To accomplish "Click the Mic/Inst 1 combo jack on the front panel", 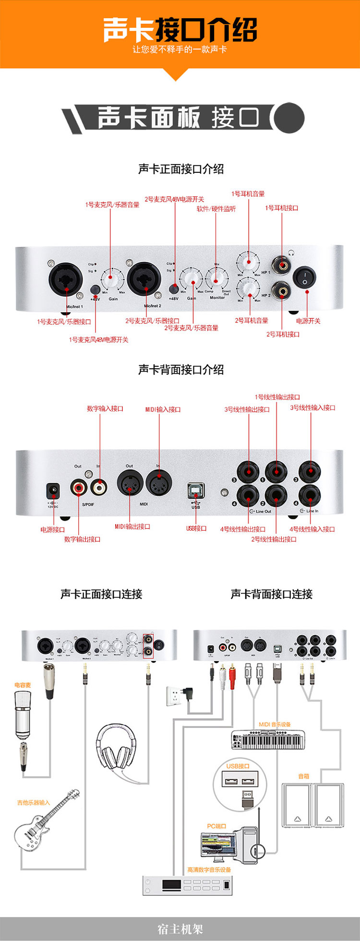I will (x=66, y=278).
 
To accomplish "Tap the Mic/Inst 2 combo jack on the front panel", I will (x=144, y=278).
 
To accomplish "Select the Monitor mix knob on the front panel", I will (x=216, y=277).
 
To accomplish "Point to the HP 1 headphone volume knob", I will (x=248, y=262).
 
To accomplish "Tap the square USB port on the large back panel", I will (x=196, y=490).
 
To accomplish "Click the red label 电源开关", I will (x=308, y=321).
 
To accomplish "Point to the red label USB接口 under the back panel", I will (x=196, y=528).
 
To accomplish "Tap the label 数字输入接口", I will (x=105, y=409).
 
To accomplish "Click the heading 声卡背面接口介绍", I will (x=181, y=370).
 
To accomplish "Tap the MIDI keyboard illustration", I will (x=268, y=740).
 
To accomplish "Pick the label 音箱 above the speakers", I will (x=304, y=776).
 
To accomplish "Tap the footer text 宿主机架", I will (x=180, y=929).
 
